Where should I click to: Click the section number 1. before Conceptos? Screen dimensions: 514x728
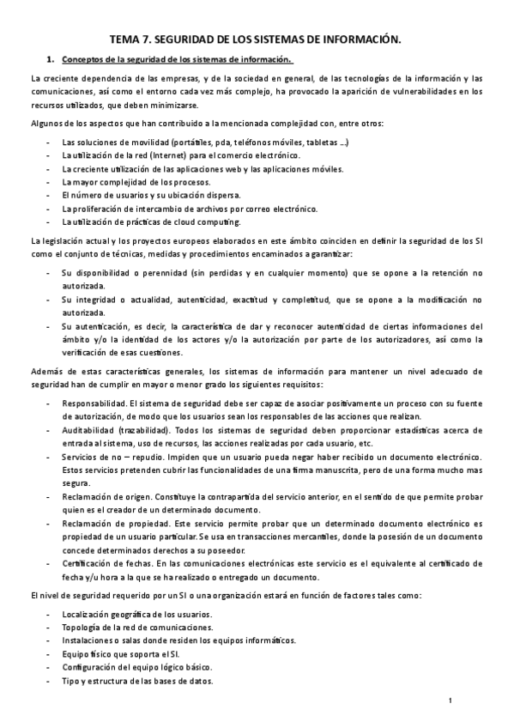51,59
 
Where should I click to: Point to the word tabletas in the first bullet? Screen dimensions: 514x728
317,142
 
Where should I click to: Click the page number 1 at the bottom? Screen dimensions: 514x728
451,702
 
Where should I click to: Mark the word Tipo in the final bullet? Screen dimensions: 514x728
71,681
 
